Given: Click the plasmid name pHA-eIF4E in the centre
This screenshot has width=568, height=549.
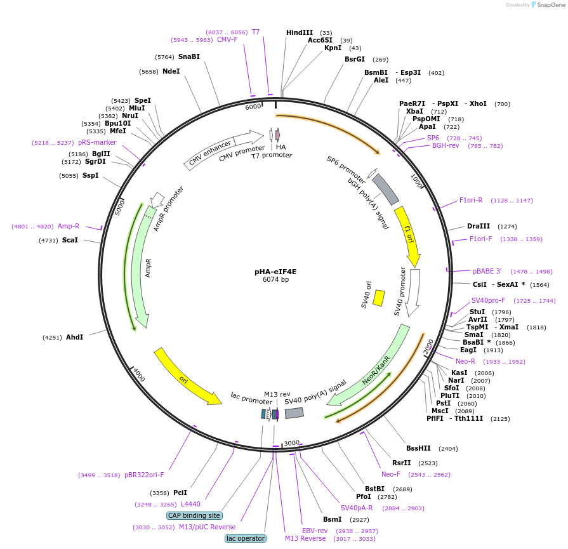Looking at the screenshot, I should click(275, 271).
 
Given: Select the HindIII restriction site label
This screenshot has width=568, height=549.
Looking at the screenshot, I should click(300, 32).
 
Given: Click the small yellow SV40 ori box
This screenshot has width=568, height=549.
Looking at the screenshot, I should click(378, 298).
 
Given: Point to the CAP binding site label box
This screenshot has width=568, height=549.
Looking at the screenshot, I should click(194, 515).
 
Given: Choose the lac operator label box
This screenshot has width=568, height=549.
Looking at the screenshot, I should click(246, 538).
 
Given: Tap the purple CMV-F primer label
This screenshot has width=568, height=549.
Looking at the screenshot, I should click(227, 39).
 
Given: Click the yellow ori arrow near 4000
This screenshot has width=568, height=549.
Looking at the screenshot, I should click(187, 376).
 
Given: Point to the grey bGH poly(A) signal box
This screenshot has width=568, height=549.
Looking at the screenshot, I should click(385, 189).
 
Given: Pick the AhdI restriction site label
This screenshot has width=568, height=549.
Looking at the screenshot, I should click(75, 337).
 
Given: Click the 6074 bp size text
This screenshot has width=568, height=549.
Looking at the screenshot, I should click(275, 279).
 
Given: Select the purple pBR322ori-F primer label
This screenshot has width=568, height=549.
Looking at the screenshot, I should click(145, 475).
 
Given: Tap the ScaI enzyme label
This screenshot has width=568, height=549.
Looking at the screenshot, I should click(70, 240).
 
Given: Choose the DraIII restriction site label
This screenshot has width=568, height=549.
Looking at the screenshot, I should click(479, 226).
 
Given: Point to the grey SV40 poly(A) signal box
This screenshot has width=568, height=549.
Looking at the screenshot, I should click(294, 413).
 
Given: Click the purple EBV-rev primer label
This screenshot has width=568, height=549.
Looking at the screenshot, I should click(315, 531).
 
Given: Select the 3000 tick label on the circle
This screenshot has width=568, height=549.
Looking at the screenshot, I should click(291, 442).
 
